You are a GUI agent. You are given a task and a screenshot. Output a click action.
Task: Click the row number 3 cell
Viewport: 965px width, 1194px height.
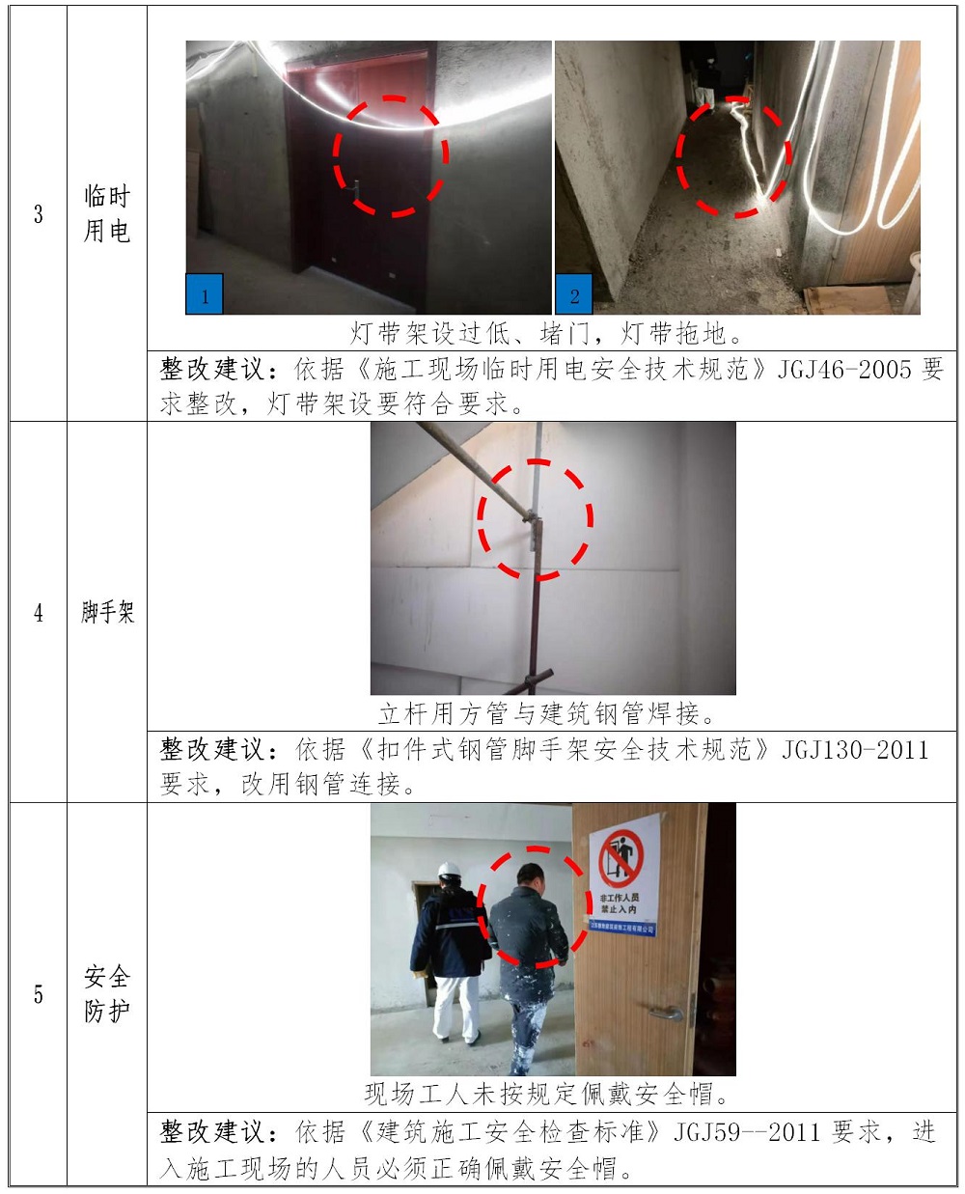point(38,213)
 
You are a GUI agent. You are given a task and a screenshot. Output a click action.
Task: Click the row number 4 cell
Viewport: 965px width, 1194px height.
point(38,612)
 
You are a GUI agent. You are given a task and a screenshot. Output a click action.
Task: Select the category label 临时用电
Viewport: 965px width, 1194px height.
point(107,213)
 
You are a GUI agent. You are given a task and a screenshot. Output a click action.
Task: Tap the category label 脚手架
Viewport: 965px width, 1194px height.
point(107,612)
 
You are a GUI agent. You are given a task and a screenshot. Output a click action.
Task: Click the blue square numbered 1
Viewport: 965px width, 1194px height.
point(205,294)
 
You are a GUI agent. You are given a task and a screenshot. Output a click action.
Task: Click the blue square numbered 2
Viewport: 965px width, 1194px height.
point(574,294)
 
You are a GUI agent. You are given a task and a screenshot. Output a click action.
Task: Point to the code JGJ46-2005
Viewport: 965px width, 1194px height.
point(844,370)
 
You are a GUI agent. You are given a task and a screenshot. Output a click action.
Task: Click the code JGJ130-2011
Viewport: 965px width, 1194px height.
point(855,750)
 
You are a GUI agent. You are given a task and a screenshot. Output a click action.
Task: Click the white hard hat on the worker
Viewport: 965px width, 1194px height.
point(449,870)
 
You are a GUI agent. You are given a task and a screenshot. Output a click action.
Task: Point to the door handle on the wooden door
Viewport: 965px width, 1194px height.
point(667,1013)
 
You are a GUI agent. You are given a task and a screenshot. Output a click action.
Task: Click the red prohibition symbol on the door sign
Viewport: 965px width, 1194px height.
point(620,859)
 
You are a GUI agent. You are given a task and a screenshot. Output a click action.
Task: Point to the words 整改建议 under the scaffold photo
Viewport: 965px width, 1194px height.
point(212,750)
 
